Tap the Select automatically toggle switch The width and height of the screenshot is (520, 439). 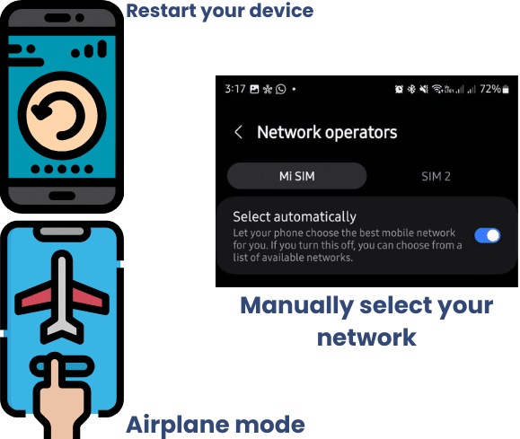pyautogui.click(x=487, y=236)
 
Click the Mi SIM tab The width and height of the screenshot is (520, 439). pyautogui.click(x=296, y=176)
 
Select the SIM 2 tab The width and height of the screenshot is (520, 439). pyautogui.click(x=436, y=176)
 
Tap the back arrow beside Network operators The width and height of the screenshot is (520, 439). pyautogui.click(x=238, y=132)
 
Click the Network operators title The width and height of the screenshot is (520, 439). pyautogui.click(x=327, y=133)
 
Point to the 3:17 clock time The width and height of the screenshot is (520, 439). pyautogui.click(x=234, y=89)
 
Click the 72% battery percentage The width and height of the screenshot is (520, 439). pyautogui.click(x=490, y=89)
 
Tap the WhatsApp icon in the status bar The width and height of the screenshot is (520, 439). pyautogui.click(x=280, y=89)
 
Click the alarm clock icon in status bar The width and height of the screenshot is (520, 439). pyautogui.click(x=399, y=89)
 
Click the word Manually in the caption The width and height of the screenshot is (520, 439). pyautogui.click(x=296, y=307)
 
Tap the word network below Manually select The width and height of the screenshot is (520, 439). pyautogui.click(x=366, y=338)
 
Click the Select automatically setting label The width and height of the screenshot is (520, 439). pyautogui.click(x=295, y=217)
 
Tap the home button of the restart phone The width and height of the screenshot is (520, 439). pyautogui.click(x=62, y=196)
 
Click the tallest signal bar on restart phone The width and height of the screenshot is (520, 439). pyautogui.click(x=102, y=48)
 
